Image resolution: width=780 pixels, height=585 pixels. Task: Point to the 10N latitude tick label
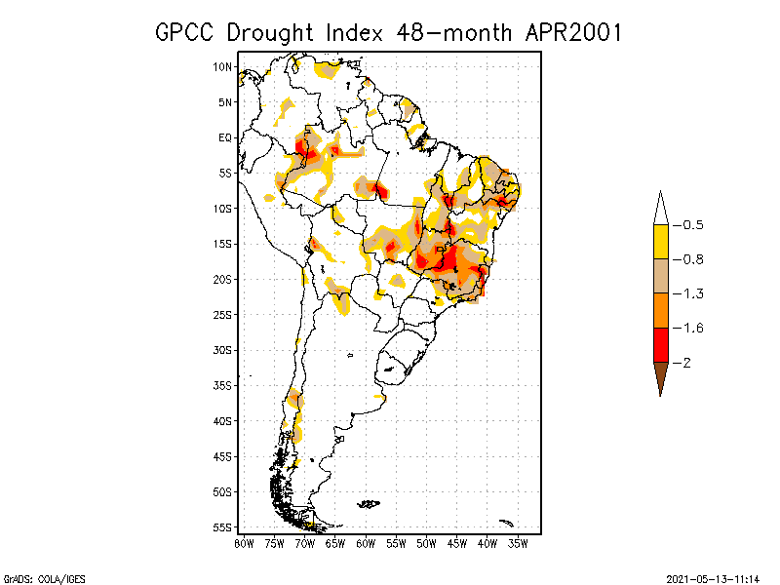(223, 67)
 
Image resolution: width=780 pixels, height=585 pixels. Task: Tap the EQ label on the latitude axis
(225, 137)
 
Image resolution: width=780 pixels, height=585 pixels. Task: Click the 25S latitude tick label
(223, 314)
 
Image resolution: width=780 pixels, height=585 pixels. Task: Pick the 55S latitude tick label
(223, 526)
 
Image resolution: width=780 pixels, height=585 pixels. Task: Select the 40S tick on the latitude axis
(223, 420)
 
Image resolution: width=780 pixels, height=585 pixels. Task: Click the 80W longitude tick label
(244, 542)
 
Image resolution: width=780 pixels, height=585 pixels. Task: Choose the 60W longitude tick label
(366, 542)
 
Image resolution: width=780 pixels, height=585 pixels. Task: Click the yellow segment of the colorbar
(661, 242)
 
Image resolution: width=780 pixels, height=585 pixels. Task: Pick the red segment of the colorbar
(661, 344)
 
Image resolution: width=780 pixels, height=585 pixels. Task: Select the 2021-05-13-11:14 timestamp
(719, 577)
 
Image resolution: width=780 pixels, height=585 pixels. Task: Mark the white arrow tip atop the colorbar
(661, 208)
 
